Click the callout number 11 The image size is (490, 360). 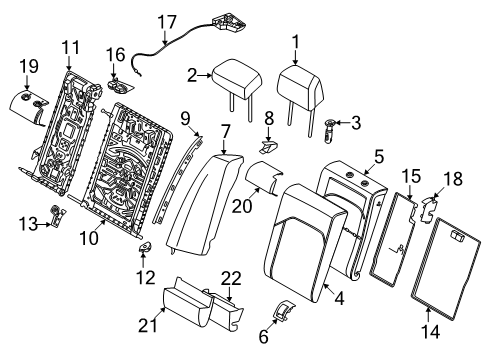71,46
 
